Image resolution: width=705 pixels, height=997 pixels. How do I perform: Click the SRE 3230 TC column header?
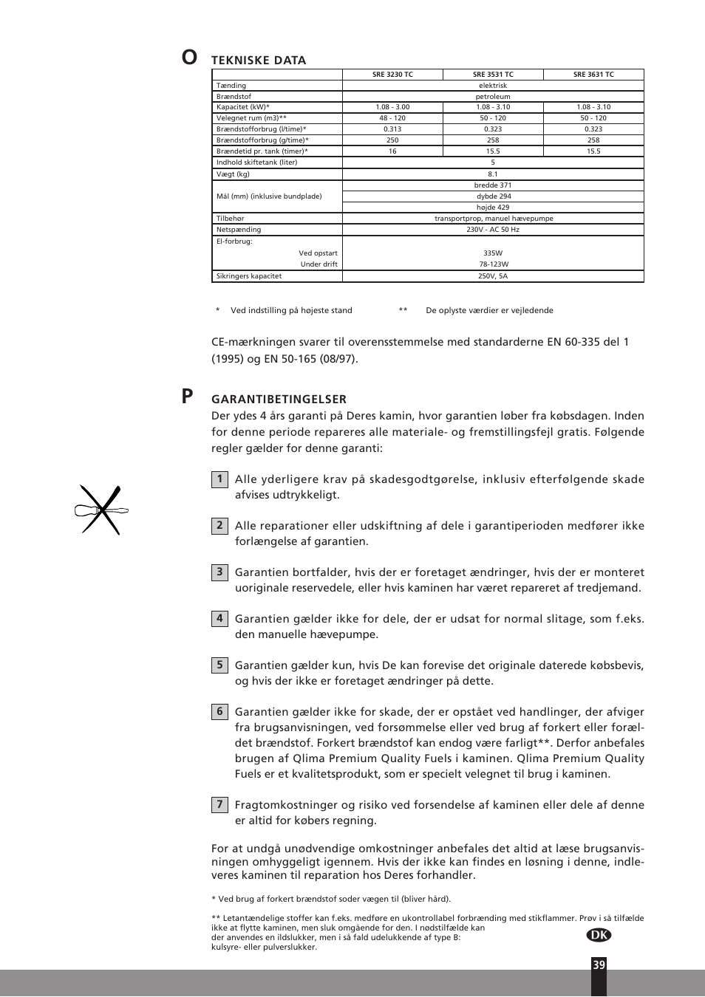[x=392, y=75]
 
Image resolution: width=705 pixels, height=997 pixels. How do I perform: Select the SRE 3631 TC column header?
[x=593, y=75]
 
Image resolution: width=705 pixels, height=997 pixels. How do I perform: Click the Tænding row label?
[x=231, y=86]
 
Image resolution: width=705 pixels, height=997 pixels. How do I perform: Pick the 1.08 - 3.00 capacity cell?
[x=392, y=107]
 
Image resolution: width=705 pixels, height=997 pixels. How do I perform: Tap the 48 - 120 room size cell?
[x=392, y=118]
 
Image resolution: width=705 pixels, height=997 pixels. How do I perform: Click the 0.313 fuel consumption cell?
[x=392, y=129]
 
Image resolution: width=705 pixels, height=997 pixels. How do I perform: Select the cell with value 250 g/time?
[x=392, y=140]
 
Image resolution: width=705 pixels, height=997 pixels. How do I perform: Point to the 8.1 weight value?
[x=493, y=174]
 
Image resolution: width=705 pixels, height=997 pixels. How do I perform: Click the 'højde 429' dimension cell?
[x=493, y=208]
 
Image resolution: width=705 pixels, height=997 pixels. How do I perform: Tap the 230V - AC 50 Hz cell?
[x=493, y=230]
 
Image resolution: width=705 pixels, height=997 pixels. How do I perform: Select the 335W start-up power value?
[x=493, y=253]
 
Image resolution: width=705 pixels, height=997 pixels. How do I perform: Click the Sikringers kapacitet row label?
[x=249, y=276]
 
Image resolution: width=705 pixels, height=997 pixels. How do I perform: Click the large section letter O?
[x=189, y=58]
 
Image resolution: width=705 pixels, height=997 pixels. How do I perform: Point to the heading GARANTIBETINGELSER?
[x=279, y=400]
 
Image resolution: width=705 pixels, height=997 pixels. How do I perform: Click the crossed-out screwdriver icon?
[x=101, y=510]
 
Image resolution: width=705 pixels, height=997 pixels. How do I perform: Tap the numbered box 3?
[x=219, y=572]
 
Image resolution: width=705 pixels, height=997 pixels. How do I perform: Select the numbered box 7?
[x=219, y=805]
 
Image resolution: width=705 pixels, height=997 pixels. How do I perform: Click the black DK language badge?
[x=599, y=935]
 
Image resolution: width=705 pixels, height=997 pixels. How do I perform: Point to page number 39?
[x=599, y=965]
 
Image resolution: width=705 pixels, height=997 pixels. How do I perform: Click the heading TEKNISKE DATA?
[x=259, y=61]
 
